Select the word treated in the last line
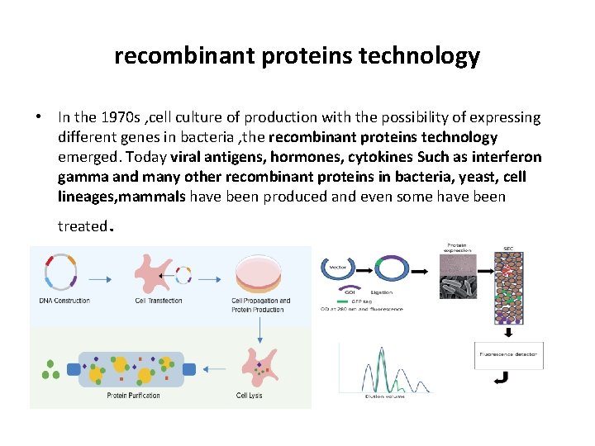coord(83,225)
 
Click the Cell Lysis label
coord(250,396)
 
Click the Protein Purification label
coord(133,396)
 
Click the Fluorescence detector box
coord(508,354)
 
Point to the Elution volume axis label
coord(384,397)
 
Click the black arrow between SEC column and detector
coord(508,333)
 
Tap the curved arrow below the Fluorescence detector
coord(500,379)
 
